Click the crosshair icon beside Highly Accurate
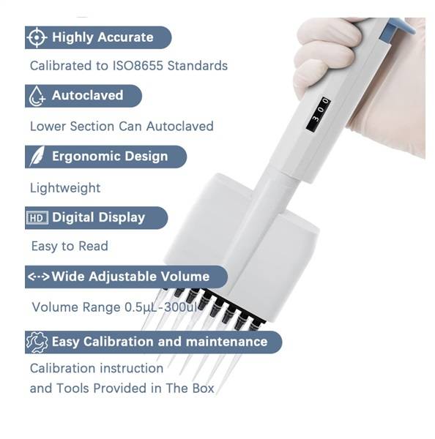tap(37, 37)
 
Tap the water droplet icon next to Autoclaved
tap(37, 96)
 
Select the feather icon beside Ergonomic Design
tap(37, 157)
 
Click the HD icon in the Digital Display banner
tap(37, 217)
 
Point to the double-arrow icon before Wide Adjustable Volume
tap(39, 277)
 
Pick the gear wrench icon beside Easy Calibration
tap(37, 342)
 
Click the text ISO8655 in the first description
tap(138, 66)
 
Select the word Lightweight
tap(65, 188)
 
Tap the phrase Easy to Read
tap(70, 246)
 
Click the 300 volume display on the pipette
tap(319, 113)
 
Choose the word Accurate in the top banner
tap(125, 37)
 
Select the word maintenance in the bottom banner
tap(226, 342)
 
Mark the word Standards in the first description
tap(197, 66)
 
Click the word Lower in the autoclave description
tap(48, 127)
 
